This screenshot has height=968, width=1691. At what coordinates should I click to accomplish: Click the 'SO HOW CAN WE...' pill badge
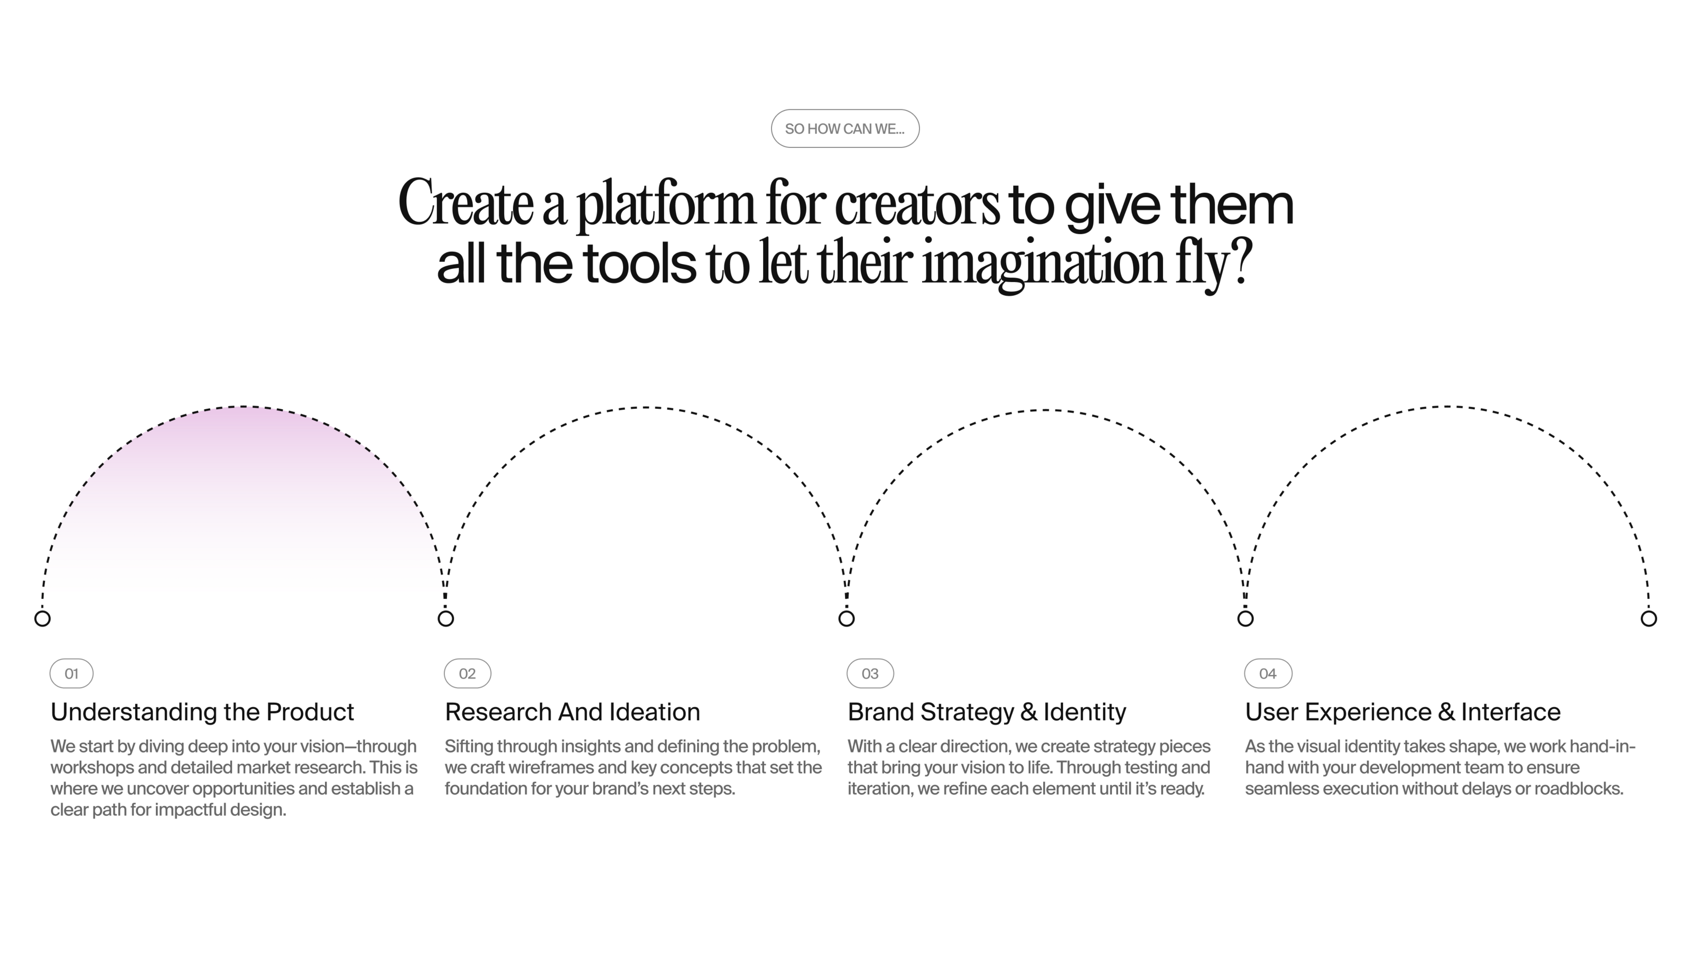point(845,128)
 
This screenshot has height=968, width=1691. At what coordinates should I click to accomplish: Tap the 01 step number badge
point(71,673)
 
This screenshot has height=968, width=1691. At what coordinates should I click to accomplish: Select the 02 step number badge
point(468,673)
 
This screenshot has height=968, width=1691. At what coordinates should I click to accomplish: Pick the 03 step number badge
point(870,673)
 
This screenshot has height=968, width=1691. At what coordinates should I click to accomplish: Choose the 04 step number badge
point(1268,673)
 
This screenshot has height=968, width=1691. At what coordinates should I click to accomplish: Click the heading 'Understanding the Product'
point(202,712)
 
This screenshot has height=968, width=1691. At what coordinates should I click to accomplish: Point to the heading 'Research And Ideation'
point(572,712)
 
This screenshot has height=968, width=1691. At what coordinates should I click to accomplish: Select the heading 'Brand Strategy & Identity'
point(987,712)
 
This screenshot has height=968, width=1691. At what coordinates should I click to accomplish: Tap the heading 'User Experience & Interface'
point(1402,712)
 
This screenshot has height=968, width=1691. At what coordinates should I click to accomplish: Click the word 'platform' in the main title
point(665,205)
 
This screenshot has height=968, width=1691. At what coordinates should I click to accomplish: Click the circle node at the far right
point(1648,619)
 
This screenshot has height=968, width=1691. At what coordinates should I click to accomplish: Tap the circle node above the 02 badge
point(445,619)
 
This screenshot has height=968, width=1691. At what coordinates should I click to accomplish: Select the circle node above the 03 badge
point(846,619)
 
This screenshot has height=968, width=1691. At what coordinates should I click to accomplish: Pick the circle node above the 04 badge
point(1246,619)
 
